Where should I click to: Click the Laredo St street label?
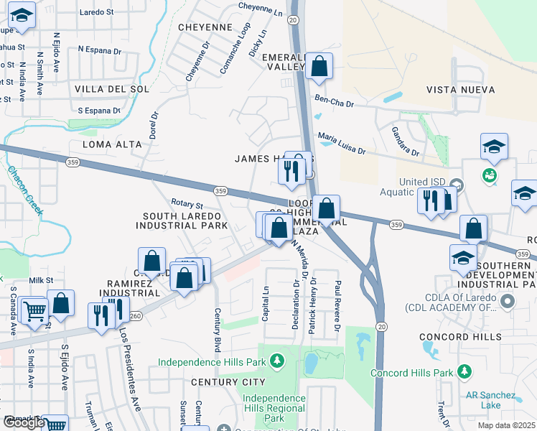point(97,12)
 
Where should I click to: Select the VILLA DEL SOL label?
point(111,89)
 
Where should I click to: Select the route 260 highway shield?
point(136,315)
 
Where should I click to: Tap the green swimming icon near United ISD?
point(490,175)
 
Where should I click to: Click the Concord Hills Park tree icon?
point(464,371)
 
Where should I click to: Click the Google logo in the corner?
point(24,422)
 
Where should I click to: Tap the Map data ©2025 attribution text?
point(505,425)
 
